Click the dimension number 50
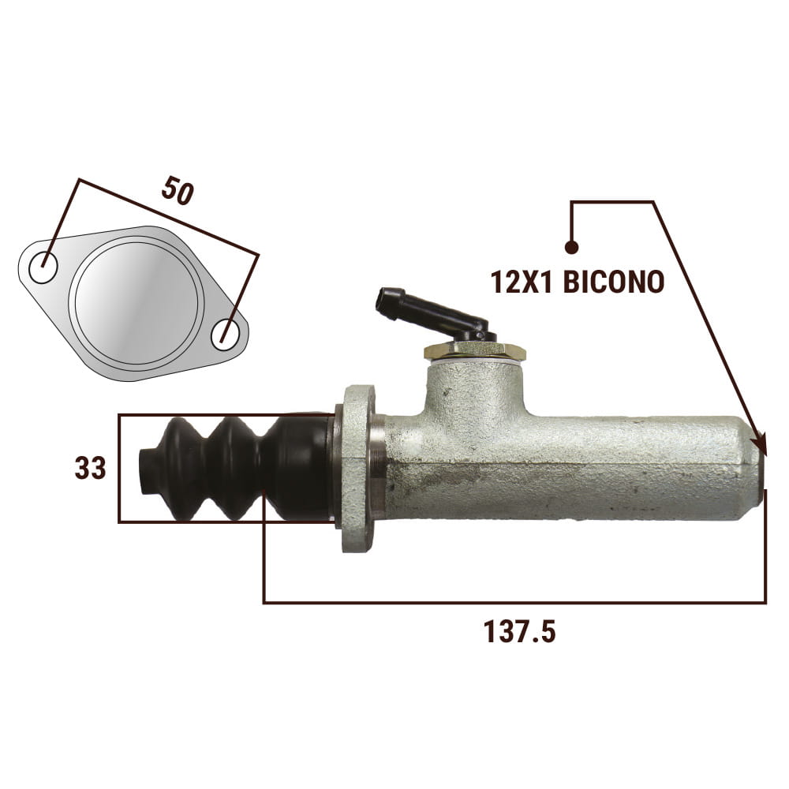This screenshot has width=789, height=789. [178, 189]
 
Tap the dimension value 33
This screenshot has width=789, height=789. [91, 468]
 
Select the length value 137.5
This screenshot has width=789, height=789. [519, 631]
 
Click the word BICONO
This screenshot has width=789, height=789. [613, 282]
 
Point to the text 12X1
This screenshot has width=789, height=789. [522, 282]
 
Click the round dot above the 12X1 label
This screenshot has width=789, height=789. [571, 247]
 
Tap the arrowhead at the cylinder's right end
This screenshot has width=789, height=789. [760, 443]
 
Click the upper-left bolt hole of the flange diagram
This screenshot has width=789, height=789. [43, 267]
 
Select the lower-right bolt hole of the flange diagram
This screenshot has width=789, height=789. [225, 335]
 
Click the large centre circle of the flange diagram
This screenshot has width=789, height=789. [136, 301]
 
